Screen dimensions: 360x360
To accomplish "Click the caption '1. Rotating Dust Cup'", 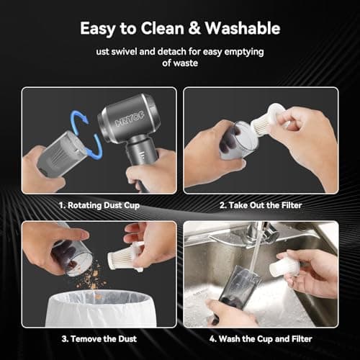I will (x=99, y=206).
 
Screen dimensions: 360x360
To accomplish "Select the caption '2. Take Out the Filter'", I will (x=261, y=206).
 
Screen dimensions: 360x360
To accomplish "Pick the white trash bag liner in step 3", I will (x=95, y=306).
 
